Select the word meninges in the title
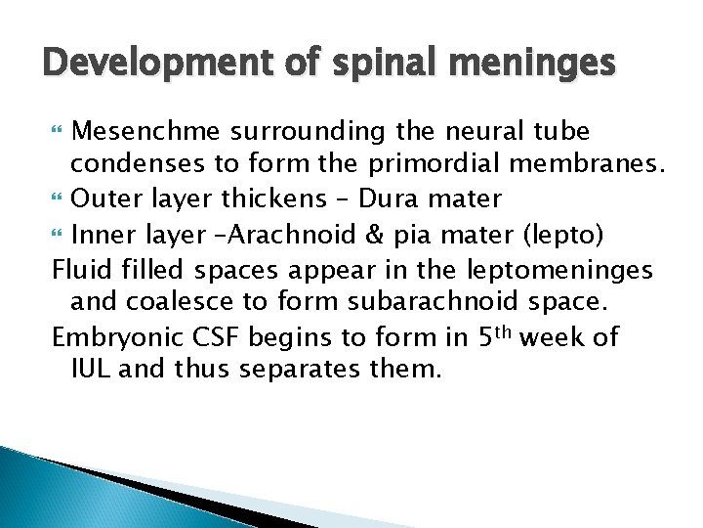(x=537, y=65)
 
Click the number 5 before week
(x=487, y=337)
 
